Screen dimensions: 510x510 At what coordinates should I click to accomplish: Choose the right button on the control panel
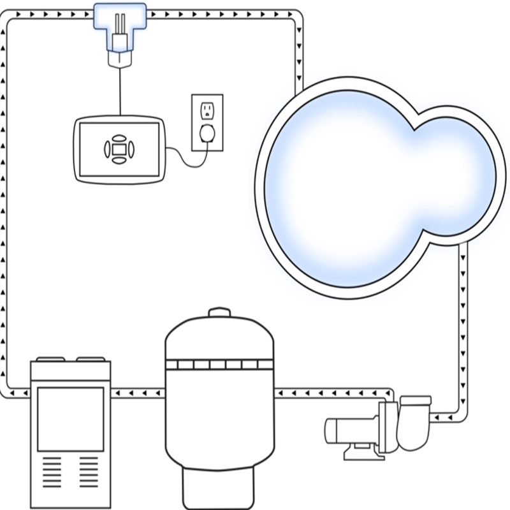pyautogui.click(x=130, y=149)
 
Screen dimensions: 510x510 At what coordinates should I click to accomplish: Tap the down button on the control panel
pyautogui.click(x=117, y=160)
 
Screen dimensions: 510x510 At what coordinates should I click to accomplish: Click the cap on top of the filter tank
pyautogui.click(x=220, y=313)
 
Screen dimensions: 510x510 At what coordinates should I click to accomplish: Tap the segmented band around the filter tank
pyautogui.click(x=220, y=365)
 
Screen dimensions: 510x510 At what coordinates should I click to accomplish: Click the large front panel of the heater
pyautogui.click(x=70, y=418)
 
